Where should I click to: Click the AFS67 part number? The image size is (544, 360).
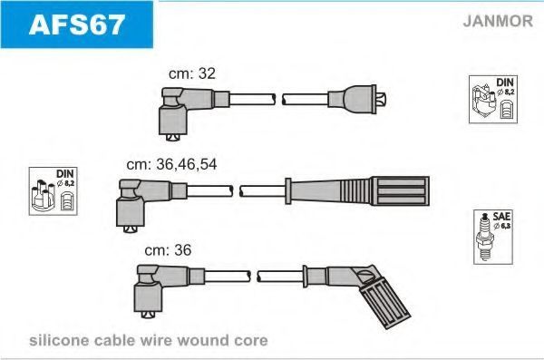click(x=77, y=24)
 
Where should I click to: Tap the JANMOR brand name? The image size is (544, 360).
click(x=498, y=21)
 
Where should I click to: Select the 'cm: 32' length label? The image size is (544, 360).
click(x=192, y=73)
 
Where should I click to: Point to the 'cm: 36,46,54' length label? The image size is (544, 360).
click(x=171, y=164)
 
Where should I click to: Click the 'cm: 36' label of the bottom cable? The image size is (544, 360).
click(x=168, y=250)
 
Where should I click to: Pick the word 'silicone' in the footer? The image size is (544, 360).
click(x=59, y=340)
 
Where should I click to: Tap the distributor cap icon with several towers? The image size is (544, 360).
click(x=43, y=195)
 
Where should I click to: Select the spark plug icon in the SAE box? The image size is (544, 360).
click(x=485, y=238)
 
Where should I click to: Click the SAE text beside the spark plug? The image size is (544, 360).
click(x=501, y=217)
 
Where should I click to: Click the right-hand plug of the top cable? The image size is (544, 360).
click(x=357, y=99)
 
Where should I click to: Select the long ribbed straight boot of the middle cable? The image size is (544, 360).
click(x=357, y=191)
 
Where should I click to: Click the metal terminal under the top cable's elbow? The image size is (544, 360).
click(x=173, y=138)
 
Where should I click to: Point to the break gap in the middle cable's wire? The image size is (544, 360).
click(x=236, y=191)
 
